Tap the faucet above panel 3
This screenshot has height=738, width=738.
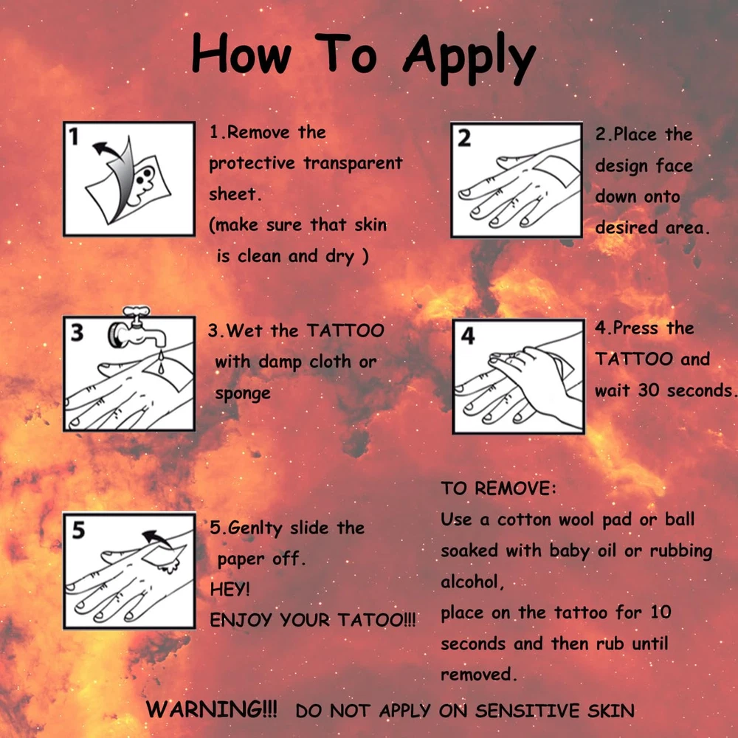[x=137, y=328]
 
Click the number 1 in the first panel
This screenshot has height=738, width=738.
[x=74, y=137]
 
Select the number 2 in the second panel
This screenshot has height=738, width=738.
[x=464, y=139]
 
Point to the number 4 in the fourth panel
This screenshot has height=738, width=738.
[x=468, y=336]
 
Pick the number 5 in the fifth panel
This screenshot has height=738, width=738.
[x=79, y=530]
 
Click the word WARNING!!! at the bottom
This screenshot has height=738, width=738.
[x=211, y=708]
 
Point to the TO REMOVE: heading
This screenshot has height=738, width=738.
[x=498, y=489]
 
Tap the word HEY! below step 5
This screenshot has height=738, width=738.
[x=230, y=589]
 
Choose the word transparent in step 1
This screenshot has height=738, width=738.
[x=353, y=163]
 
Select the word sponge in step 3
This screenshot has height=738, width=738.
[x=243, y=393]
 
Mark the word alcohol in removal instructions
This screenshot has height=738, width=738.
[x=470, y=582]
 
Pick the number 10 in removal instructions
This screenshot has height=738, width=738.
[x=661, y=613]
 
